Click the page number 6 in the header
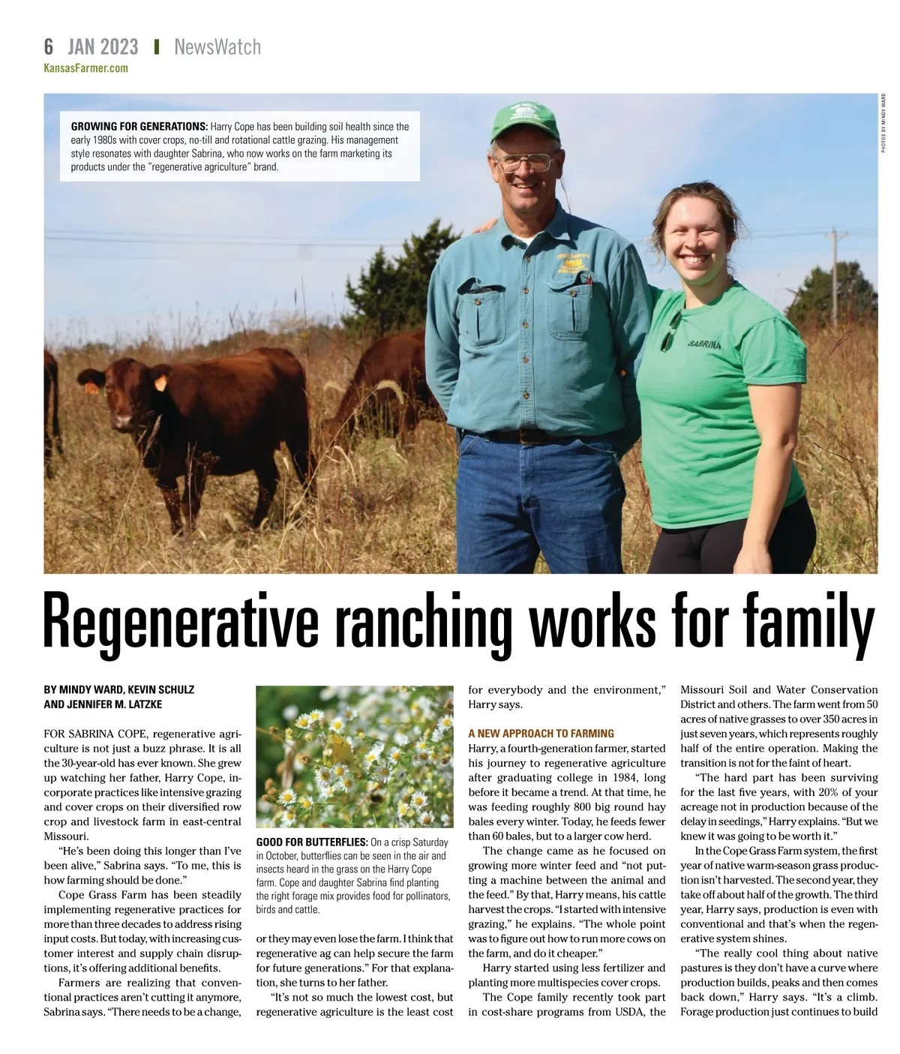[x=49, y=47]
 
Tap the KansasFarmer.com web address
[x=85, y=68]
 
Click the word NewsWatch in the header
[x=217, y=47]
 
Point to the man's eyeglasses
[x=528, y=160]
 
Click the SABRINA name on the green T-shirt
[x=705, y=344]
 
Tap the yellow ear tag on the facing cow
[x=160, y=383]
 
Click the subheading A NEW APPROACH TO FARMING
[x=541, y=733]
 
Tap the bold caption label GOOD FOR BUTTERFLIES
[x=311, y=842]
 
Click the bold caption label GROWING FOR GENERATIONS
[x=139, y=126]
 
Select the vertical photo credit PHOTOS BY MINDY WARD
[x=883, y=124]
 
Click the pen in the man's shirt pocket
[x=589, y=282]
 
